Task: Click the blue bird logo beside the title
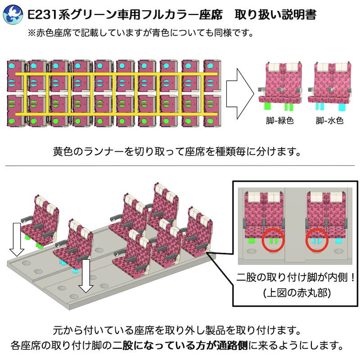click(13, 15)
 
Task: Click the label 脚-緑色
click(280, 120)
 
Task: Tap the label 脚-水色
click(329, 120)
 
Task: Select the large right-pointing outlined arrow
click(240, 94)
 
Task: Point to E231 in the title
click(42, 15)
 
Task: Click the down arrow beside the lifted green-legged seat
click(17, 239)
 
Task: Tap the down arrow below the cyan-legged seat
click(86, 276)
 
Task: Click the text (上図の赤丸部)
click(297, 293)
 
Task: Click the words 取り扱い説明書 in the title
click(275, 15)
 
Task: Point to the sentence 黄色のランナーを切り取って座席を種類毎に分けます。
click(177, 152)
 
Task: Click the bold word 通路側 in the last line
click(232, 345)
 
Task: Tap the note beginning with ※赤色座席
click(140, 33)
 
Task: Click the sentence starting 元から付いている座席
click(177, 330)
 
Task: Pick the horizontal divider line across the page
click(180, 165)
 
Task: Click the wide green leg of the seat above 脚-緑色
click(268, 106)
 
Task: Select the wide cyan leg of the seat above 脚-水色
click(342, 107)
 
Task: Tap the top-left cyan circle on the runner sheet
click(11, 66)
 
